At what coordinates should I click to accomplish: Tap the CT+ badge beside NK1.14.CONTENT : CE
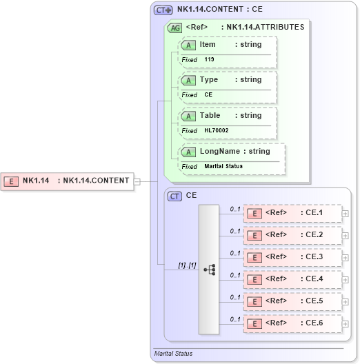(163, 10)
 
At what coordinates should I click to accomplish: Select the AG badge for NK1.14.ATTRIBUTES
(175, 28)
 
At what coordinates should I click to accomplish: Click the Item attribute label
(207, 44)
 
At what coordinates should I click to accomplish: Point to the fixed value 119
(209, 59)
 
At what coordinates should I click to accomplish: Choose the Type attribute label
(208, 80)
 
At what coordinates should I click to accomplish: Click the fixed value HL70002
(216, 130)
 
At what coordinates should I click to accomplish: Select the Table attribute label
(210, 116)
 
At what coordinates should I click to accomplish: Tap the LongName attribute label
(216, 152)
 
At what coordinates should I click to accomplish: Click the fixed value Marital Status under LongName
(223, 166)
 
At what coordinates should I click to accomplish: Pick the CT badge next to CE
(175, 196)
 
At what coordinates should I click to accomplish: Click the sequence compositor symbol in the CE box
(210, 269)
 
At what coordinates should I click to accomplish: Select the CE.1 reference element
(293, 213)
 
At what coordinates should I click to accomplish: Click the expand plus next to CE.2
(346, 235)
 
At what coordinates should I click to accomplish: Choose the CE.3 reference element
(293, 257)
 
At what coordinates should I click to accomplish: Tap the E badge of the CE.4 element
(254, 279)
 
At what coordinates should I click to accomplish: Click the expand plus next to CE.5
(346, 301)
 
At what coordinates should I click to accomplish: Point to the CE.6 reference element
(293, 323)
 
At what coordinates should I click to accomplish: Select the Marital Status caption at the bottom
(173, 354)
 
